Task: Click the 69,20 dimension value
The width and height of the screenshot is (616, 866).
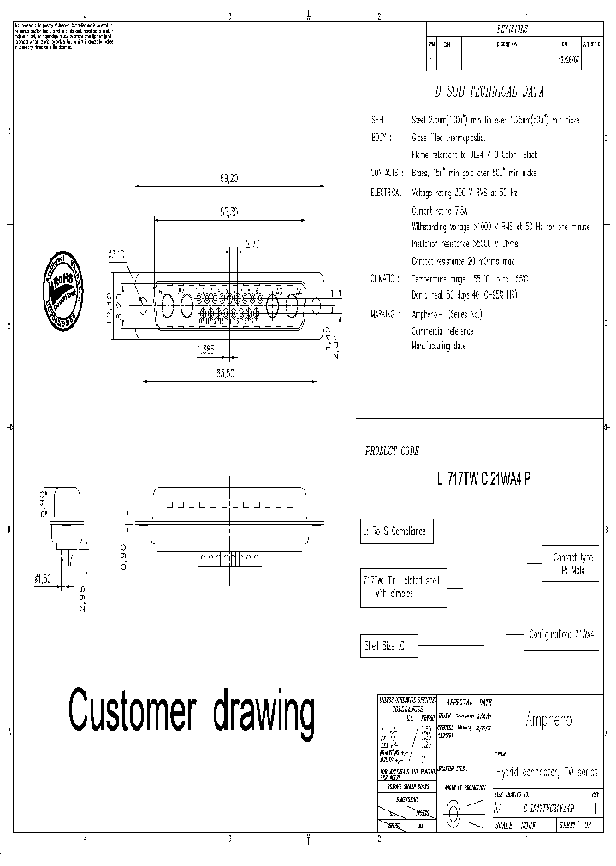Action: coord(228,179)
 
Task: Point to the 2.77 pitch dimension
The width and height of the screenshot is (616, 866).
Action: coord(252,245)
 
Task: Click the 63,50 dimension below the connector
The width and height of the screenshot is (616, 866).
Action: coord(226,373)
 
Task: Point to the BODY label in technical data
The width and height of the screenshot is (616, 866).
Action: coord(381,137)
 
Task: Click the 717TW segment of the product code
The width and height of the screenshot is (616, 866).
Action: coord(462,479)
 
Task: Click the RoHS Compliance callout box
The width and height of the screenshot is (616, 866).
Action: coord(395,531)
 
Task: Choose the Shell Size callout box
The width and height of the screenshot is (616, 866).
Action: coord(388,645)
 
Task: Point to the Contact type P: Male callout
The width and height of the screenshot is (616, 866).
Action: coord(572,562)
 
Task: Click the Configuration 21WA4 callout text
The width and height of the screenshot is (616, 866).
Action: coord(562,634)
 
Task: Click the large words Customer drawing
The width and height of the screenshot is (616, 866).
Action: coord(192,711)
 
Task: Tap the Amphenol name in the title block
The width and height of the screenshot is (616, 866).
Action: coord(548,719)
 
